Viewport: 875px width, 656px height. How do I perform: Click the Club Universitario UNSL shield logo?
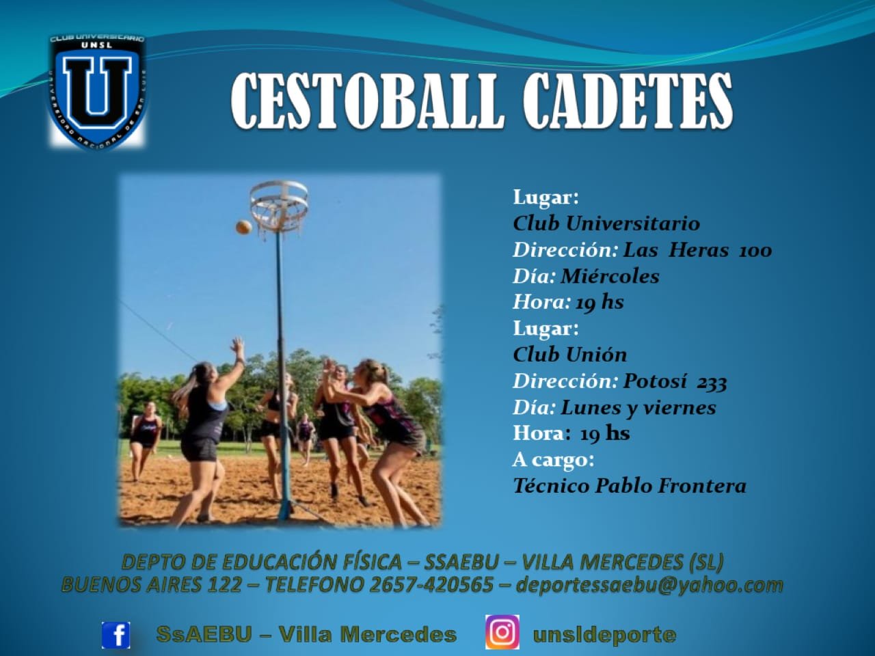click(97, 92)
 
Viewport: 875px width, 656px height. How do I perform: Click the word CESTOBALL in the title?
click(365, 101)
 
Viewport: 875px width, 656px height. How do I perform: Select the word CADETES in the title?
click(627, 101)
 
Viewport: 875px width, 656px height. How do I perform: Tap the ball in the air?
click(243, 227)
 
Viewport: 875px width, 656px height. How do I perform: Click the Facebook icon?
click(116, 635)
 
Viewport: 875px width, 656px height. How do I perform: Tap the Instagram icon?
click(502, 632)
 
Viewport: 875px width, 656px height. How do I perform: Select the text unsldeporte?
click(604, 635)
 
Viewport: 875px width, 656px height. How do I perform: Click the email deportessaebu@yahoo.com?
click(649, 585)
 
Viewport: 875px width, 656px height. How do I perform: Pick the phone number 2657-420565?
click(431, 584)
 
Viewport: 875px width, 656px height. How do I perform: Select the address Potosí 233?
click(675, 381)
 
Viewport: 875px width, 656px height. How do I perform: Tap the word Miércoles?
click(610, 276)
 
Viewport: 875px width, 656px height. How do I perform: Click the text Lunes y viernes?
click(638, 407)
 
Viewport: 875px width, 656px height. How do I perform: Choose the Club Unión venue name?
click(569, 355)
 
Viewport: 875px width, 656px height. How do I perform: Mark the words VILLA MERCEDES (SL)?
click(623, 562)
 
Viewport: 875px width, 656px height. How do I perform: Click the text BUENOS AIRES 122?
click(152, 584)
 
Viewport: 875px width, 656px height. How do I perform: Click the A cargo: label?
click(553, 460)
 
